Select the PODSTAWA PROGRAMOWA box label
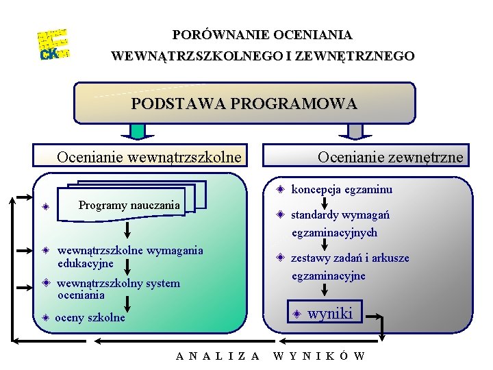pyautogui.click(x=244, y=104)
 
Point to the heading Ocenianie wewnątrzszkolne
pyautogui.click(x=149, y=158)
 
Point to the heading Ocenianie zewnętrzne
pyautogui.click(x=390, y=158)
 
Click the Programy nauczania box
pyautogui.click(x=129, y=205)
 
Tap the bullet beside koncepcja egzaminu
pyautogui.click(x=280, y=189)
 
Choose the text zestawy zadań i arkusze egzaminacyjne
pyautogui.click(x=350, y=267)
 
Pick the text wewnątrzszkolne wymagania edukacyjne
pyautogui.click(x=130, y=256)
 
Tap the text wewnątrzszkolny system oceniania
pyautogui.click(x=118, y=289)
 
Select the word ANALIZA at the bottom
pyautogui.click(x=218, y=356)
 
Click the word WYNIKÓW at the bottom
pyautogui.click(x=319, y=356)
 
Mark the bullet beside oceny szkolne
pyautogui.click(x=44, y=317)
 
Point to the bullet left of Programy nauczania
pyautogui.click(x=44, y=206)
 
